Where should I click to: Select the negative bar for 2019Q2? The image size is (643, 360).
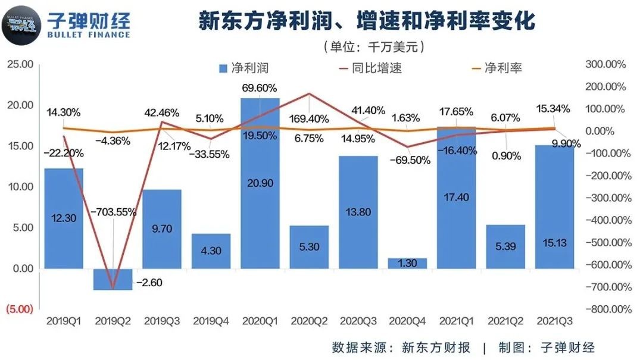(x=113, y=279)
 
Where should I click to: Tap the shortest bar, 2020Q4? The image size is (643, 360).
(x=407, y=263)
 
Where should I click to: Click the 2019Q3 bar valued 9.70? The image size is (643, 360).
(x=162, y=228)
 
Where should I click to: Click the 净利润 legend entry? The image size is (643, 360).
(x=244, y=68)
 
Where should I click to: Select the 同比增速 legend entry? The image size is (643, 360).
(x=369, y=68)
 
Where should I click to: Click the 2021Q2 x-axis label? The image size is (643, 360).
(x=506, y=321)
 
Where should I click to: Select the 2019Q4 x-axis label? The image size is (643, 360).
(x=211, y=321)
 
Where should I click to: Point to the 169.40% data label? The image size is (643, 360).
(x=308, y=118)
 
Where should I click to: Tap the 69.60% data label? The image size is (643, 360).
(x=260, y=88)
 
